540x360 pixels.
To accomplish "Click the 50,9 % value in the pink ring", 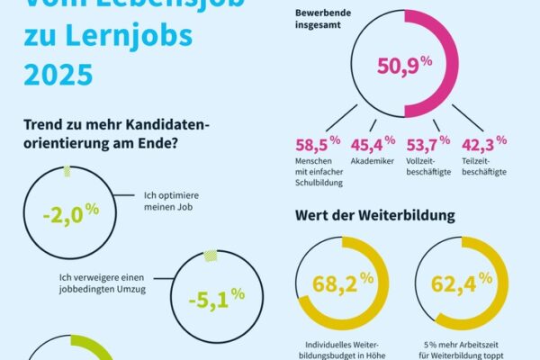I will pyautogui.click(x=391, y=67).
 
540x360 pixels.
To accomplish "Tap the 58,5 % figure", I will pyautogui.click(x=317, y=142).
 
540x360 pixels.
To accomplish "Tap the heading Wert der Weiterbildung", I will pyautogui.click(x=374, y=216).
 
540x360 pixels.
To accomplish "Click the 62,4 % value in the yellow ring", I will pyautogui.click(x=462, y=284).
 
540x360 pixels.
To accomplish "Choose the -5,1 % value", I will pyautogui.click(x=216, y=296).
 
